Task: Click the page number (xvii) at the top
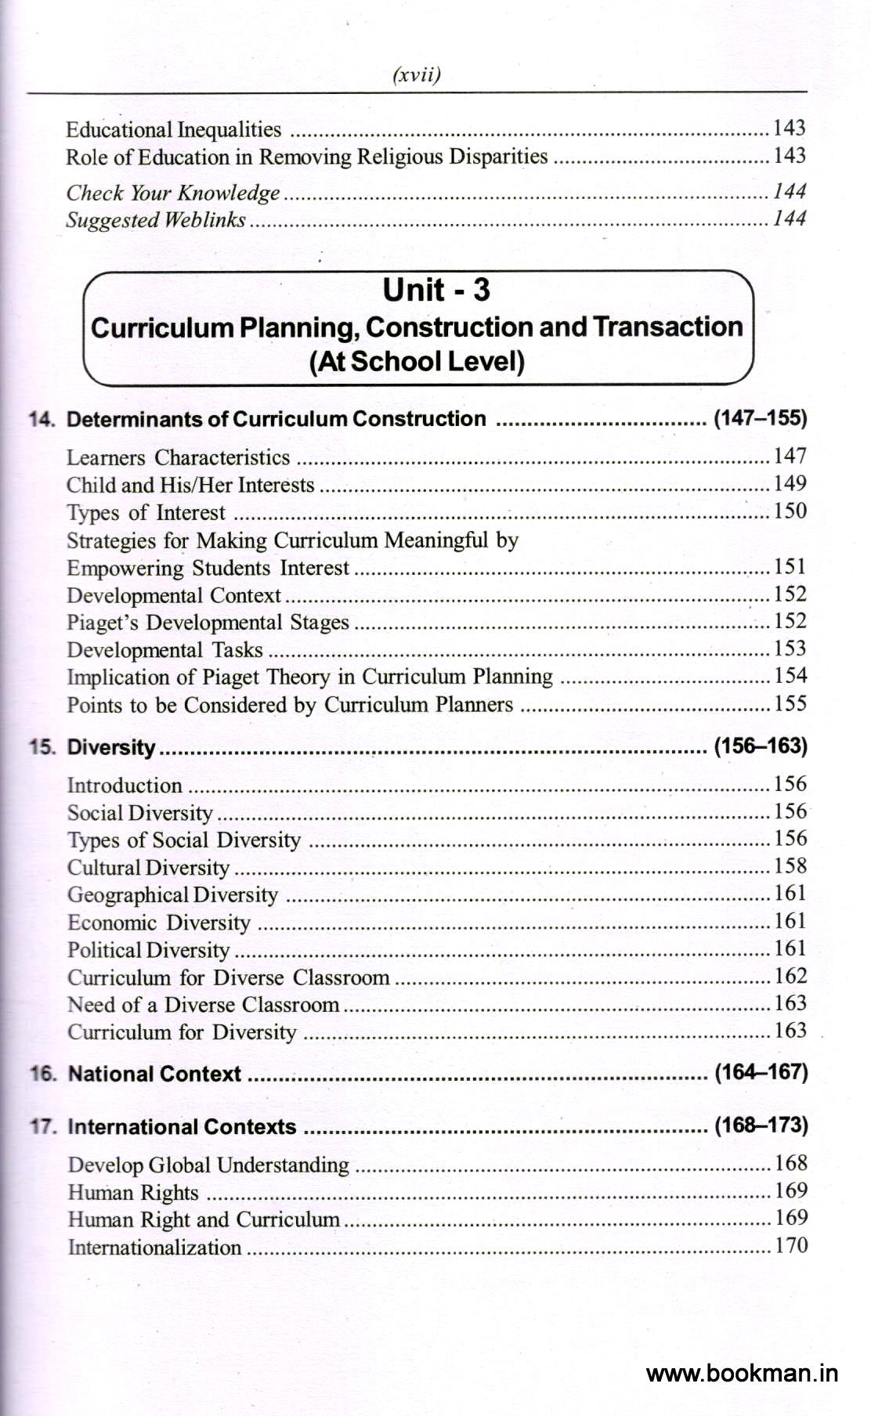[415, 75]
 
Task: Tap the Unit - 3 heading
[436, 290]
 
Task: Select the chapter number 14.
[42, 419]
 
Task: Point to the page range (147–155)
[759, 418]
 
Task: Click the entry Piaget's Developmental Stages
[208, 623]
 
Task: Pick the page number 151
[790, 566]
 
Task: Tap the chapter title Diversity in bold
[111, 746]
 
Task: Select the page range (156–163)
[760, 746]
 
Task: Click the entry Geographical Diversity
[172, 894]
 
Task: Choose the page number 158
[790, 866]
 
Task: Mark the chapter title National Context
[155, 1074]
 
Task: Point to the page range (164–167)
[761, 1071]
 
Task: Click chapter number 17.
[42, 1127]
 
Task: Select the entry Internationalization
[154, 1247]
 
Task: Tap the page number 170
[790, 1245]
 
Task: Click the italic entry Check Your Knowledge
[172, 193]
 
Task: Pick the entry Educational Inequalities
[173, 129]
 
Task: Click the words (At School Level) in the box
[417, 362]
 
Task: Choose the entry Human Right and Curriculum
[204, 1219]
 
